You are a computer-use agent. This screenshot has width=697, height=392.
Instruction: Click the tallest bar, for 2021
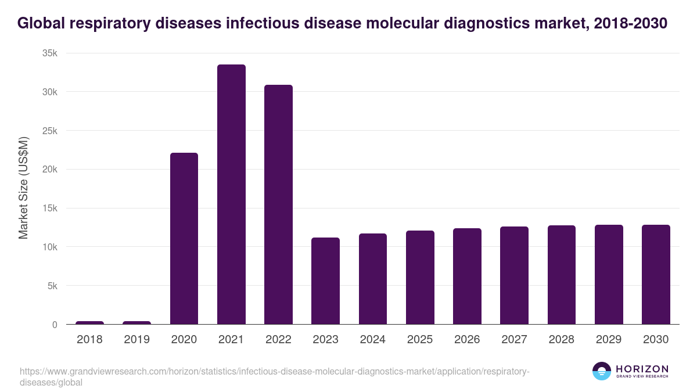pos(231,195)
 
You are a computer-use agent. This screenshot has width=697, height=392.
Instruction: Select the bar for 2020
pos(184,238)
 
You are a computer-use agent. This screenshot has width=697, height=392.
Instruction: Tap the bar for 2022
pos(278,204)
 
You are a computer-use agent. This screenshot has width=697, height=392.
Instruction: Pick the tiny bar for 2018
pos(89,322)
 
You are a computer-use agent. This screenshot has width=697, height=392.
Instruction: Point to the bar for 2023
pos(325,280)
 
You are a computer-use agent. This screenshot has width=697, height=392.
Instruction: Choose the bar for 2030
pos(656,274)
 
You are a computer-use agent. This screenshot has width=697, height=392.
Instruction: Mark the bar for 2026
pos(467,276)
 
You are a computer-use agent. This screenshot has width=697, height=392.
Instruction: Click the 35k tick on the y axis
pos(50,53)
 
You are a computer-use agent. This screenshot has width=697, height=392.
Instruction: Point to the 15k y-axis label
pos(50,208)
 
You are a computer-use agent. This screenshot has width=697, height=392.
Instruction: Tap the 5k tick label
pos(52,286)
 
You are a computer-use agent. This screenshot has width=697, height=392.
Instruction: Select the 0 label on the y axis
pos(55,325)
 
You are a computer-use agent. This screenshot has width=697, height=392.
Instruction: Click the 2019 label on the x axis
pos(136,340)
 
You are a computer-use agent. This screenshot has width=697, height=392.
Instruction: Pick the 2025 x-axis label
pos(419,340)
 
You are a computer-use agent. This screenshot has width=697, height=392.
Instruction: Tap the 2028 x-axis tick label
pos(561,340)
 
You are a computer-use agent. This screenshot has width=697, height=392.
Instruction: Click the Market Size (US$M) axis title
pos(23,188)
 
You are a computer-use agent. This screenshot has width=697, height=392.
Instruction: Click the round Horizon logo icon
pos(602,371)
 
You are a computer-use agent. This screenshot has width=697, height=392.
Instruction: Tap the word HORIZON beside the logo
pos(642,369)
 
